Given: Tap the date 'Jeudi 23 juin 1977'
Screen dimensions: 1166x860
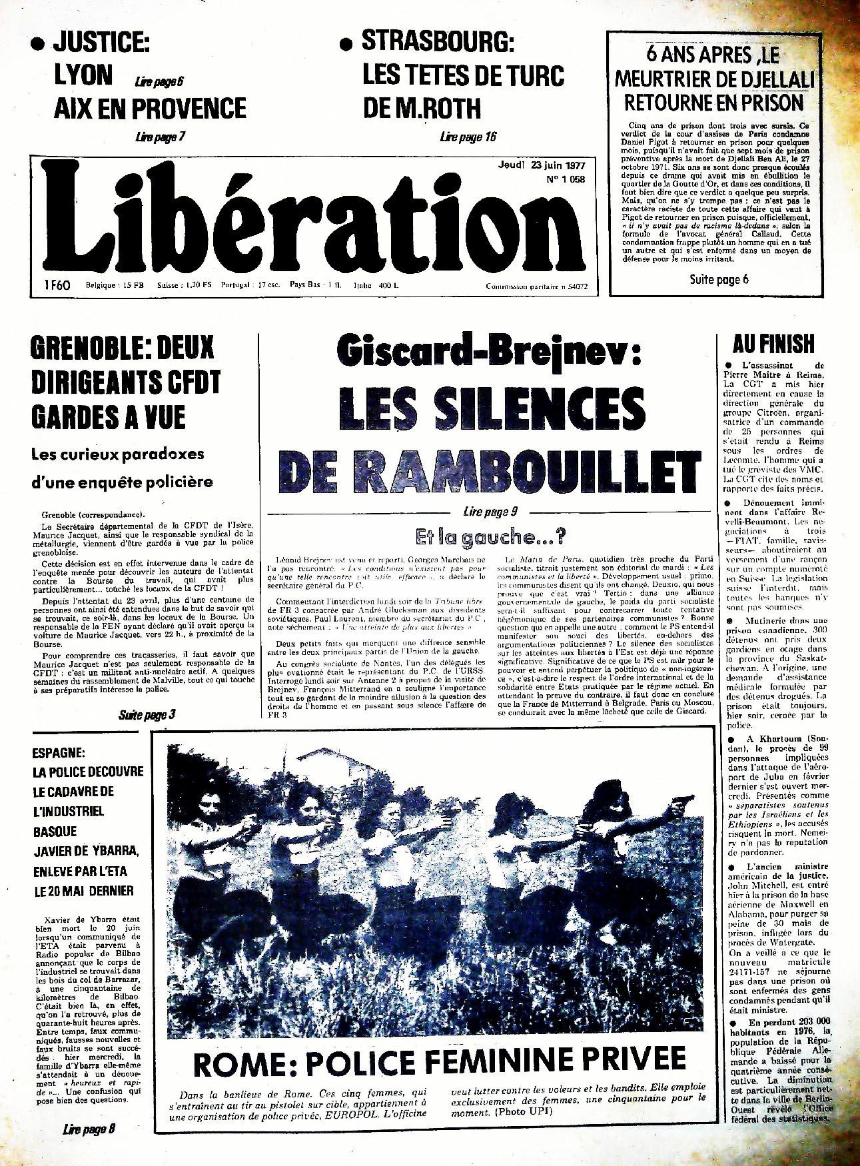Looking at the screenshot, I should [x=540, y=165].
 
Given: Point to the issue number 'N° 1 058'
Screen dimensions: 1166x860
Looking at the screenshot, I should [x=565, y=179].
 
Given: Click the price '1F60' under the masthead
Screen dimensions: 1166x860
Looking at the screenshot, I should [x=58, y=285].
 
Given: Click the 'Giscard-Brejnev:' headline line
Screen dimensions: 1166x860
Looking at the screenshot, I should [x=488, y=351].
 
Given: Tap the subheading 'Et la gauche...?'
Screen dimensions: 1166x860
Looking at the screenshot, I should [x=490, y=536].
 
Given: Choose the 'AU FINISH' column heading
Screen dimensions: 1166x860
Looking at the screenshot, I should [x=773, y=344].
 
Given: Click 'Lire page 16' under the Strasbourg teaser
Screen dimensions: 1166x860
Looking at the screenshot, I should [x=468, y=137].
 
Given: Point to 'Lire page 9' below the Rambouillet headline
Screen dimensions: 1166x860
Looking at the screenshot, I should [x=490, y=512].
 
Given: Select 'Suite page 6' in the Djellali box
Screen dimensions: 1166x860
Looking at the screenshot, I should [x=719, y=279].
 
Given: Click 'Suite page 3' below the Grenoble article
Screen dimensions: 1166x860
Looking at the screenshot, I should [x=147, y=715].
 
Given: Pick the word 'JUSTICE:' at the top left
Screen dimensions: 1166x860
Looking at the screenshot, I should [x=101, y=43].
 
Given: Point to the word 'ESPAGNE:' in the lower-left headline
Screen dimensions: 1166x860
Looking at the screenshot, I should [x=59, y=753].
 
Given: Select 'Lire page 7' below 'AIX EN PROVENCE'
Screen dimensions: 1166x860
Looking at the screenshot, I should [x=159, y=137].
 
